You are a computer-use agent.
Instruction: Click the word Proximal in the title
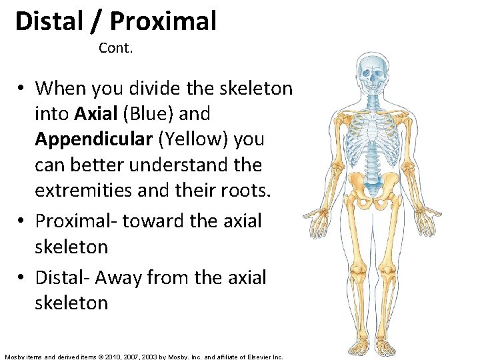click(x=163, y=21)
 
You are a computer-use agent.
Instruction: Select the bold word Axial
click(x=95, y=114)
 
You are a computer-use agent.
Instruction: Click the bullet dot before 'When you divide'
click(x=22, y=89)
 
